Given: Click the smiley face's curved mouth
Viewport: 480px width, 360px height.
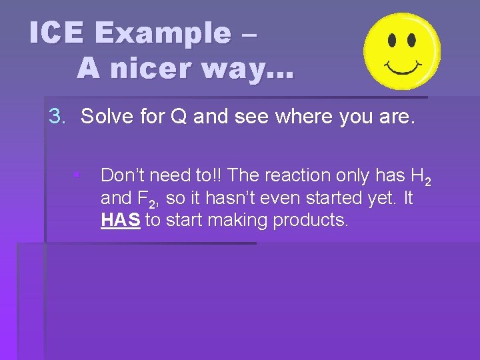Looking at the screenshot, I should [401, 68].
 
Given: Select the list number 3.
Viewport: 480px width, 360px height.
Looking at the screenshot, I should [57, 118].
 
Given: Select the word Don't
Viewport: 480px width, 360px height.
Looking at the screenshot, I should [125, 176].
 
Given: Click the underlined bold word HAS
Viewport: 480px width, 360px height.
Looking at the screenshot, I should [120, 221].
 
